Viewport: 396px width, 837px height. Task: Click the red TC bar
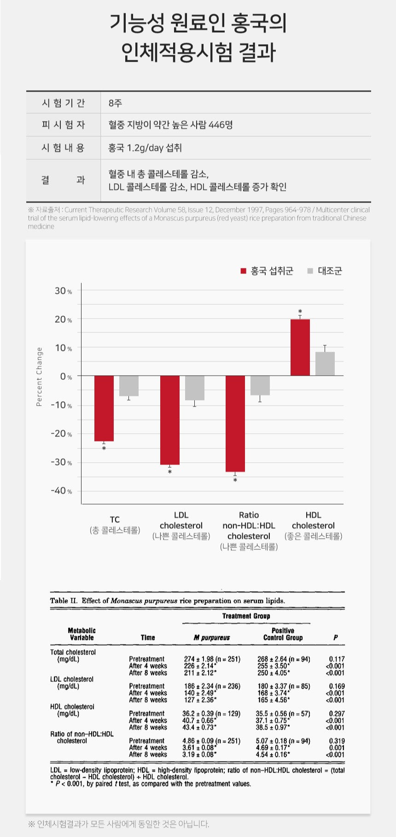coord(104,408)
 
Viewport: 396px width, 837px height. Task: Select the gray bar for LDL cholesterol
coord(195,388)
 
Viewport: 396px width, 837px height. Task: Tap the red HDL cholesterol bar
coord(300,348)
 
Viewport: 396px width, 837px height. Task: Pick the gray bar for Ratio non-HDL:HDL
coord(260,385)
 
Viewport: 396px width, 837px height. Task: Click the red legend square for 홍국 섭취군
coord(243,271)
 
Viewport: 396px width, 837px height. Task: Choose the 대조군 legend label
coord(330,271)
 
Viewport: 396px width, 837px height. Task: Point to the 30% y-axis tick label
coord(63,291)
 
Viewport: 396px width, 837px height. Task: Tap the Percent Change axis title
coord(39,377)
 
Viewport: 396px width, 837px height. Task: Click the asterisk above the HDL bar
coord(300,312)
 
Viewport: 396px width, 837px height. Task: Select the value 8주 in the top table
coord(115,103)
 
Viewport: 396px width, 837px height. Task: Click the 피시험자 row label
coord(63,125)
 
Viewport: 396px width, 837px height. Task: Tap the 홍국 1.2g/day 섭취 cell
coord(145,148)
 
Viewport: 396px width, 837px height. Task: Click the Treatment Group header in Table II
coord(246,616)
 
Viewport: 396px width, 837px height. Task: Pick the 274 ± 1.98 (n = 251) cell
coord(212,659)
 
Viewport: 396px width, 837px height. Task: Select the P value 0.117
coord(337,659)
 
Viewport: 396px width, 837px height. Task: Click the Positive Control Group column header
coord(283,634)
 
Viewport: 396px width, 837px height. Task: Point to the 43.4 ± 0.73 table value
coord(199,727)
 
